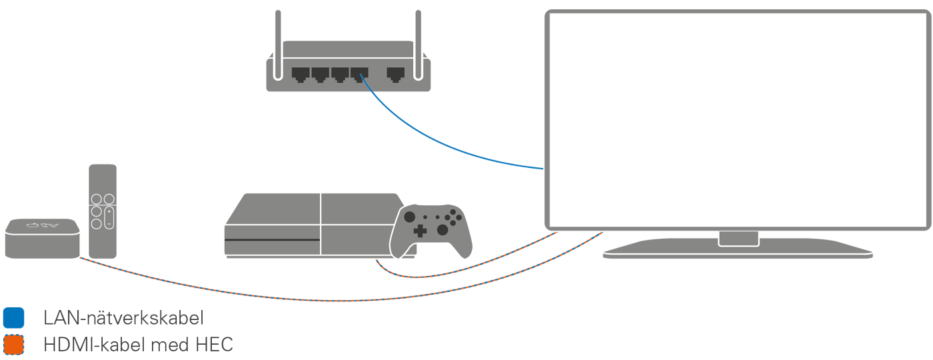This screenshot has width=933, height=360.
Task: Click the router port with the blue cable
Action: (x=360, y=73)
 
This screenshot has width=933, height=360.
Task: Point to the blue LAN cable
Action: (x=440, y=139)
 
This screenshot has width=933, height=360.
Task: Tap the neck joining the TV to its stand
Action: (x=737, y=237)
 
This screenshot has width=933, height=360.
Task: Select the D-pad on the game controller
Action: (x=420, y=231)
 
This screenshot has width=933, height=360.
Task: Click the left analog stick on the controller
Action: (x=410, y=217)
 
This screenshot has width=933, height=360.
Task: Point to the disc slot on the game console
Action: (x=272, y=239)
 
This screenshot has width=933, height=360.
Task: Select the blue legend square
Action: (x=13, y=318)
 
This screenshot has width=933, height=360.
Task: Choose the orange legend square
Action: (x=13, y=345)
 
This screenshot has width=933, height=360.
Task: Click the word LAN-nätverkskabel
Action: (x=123, y=318)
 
